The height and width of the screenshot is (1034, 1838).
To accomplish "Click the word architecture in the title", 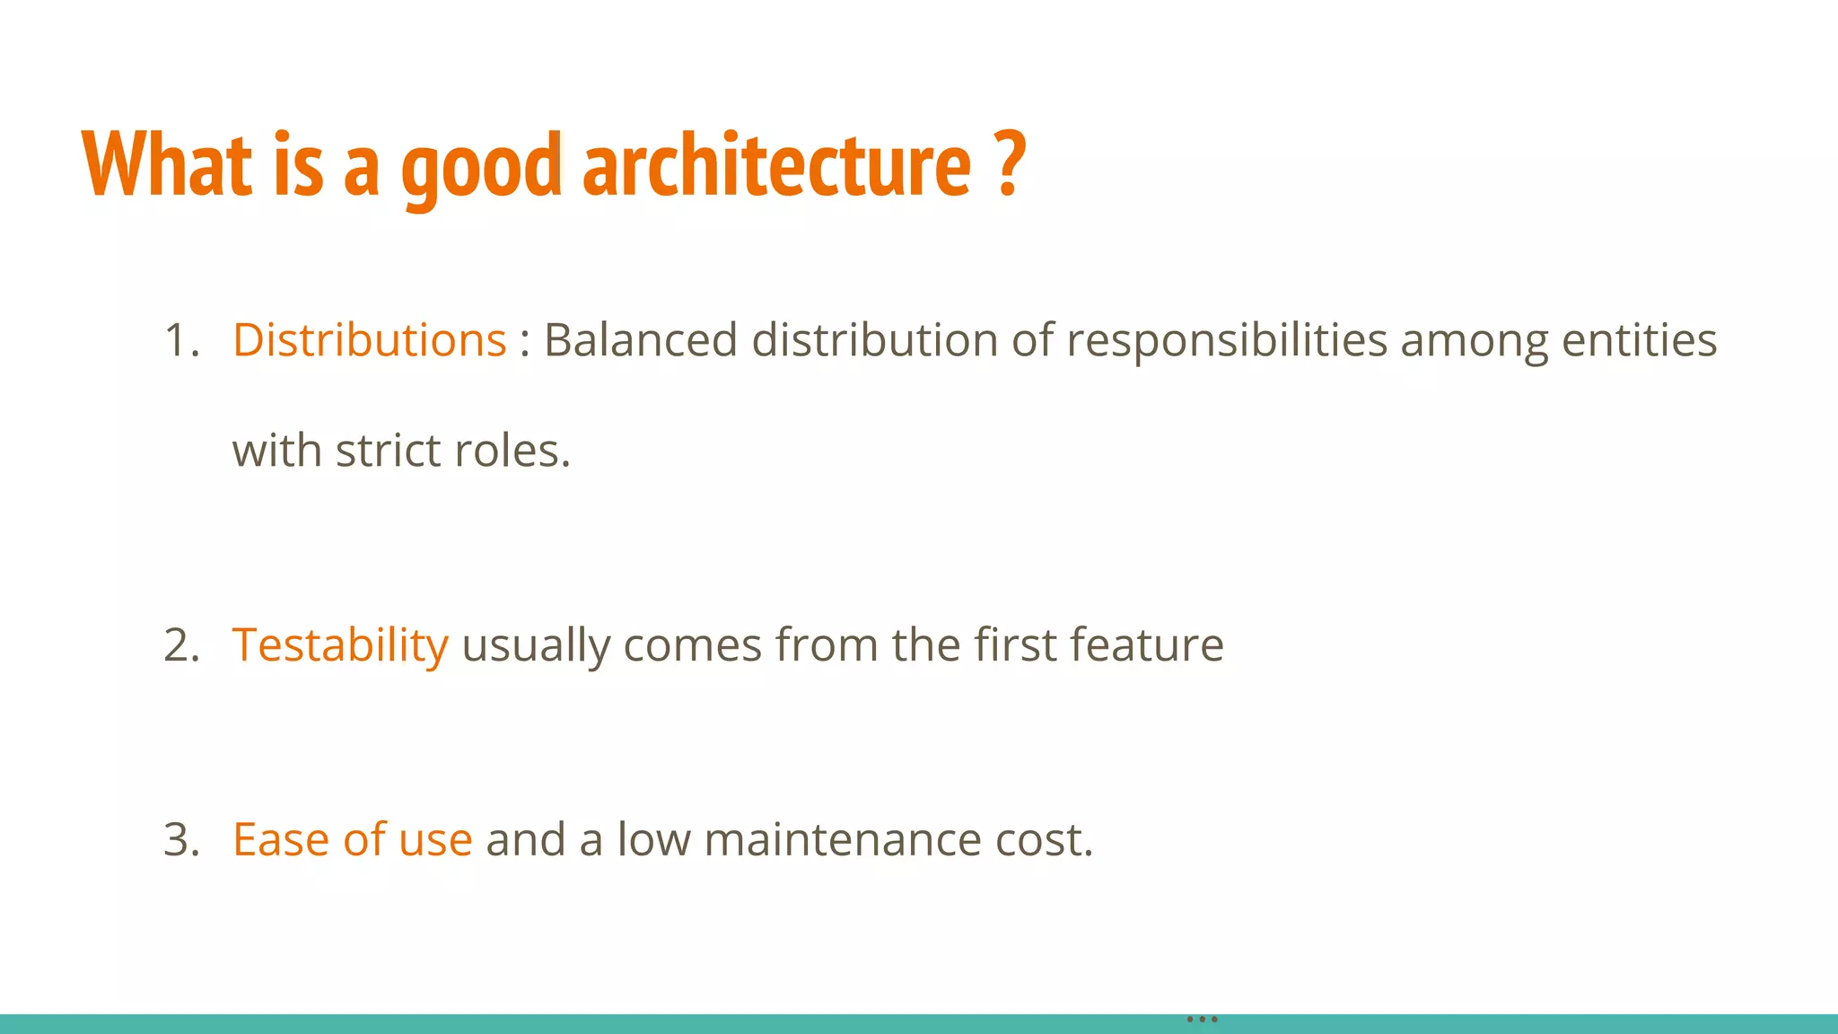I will point(776,166).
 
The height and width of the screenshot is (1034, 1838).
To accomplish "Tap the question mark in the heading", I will point(1011,163).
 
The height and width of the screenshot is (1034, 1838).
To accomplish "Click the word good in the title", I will point(481,169).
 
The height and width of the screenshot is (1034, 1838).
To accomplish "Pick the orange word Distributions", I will point(369,340).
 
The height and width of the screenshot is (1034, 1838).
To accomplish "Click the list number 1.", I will point(180,341).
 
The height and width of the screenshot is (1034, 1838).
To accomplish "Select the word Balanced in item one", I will point(641,340).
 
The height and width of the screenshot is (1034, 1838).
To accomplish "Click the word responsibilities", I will point(1226,342).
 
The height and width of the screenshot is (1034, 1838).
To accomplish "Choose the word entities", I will point(1639,340).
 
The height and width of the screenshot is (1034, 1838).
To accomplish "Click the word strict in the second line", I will point(388,451).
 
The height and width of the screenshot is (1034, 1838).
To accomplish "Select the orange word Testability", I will point(340,645).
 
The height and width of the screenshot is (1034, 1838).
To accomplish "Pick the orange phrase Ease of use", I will point(352,840).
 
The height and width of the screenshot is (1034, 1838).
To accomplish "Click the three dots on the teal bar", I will point(1202,1019).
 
